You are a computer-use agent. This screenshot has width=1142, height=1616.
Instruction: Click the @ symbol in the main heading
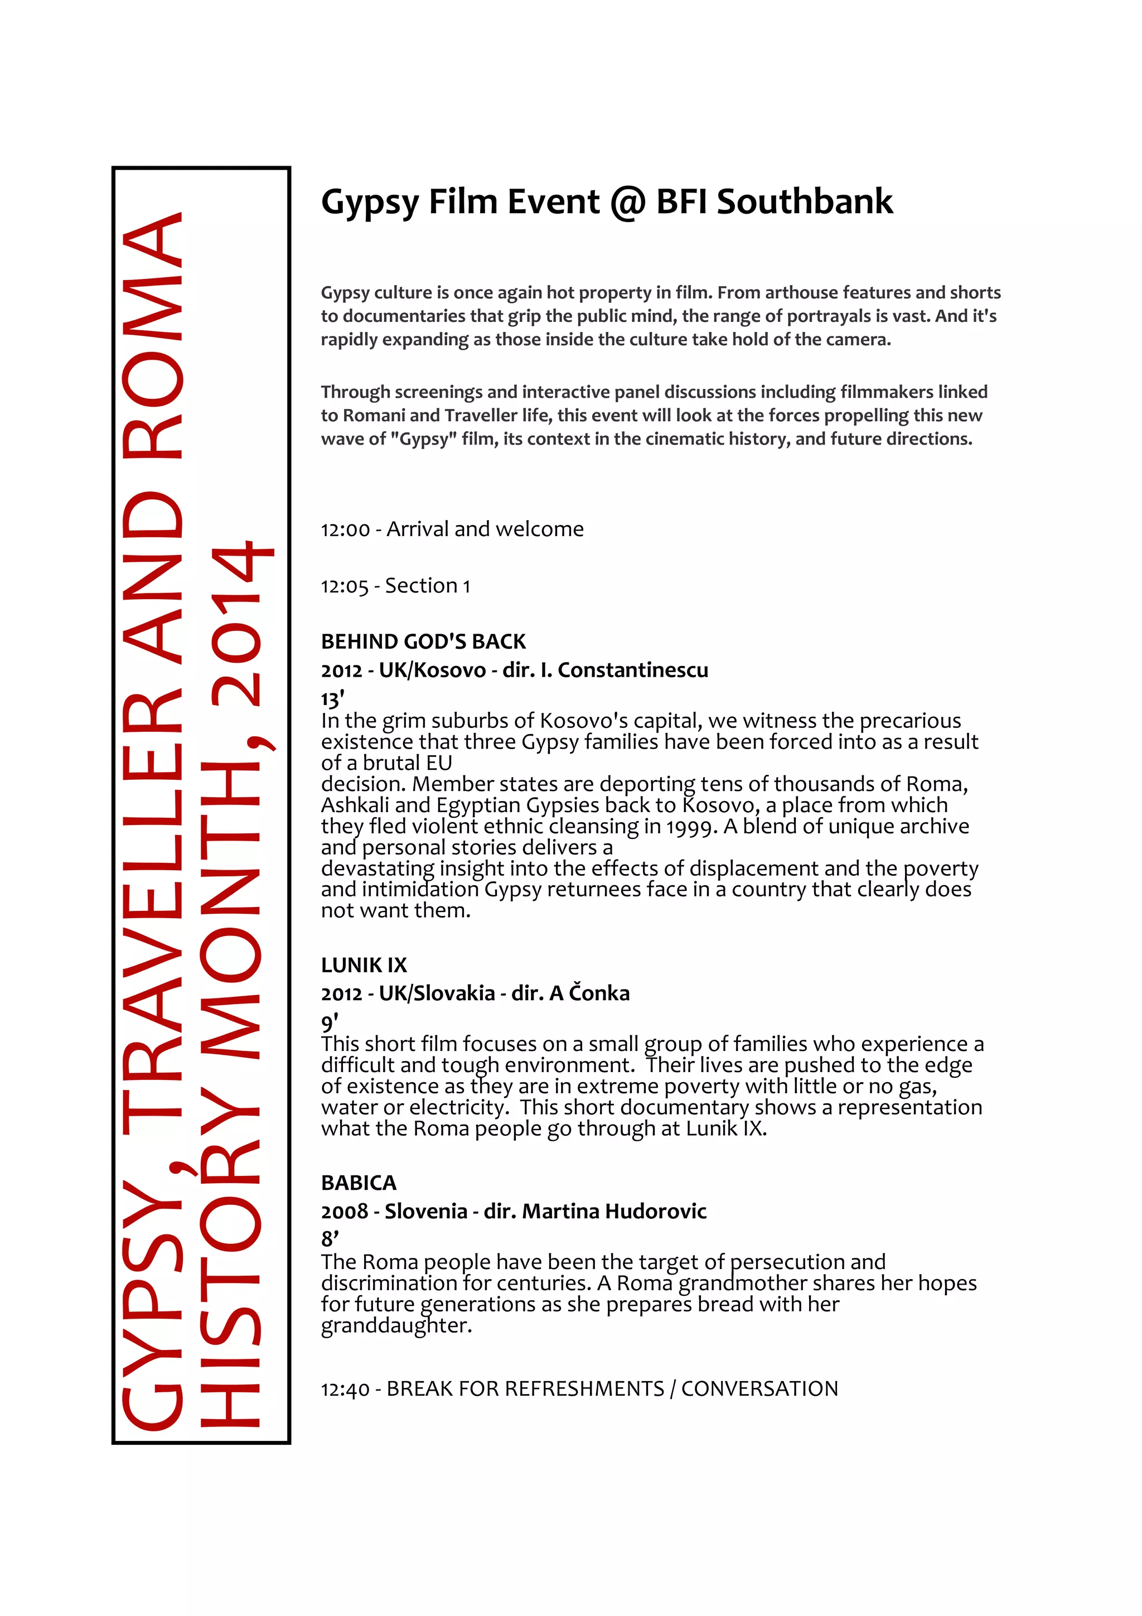[628, 202]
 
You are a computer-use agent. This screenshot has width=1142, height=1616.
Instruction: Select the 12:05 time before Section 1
[345, 586]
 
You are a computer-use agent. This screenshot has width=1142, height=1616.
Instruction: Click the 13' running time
[332, 699]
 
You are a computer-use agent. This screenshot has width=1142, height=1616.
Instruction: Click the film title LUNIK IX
[364, 965]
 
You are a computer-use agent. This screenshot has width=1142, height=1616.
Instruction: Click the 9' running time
[330, 1021]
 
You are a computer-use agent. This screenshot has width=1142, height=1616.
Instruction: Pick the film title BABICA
[359, 1183]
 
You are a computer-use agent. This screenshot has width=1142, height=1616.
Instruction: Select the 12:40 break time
[345, 1390]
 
